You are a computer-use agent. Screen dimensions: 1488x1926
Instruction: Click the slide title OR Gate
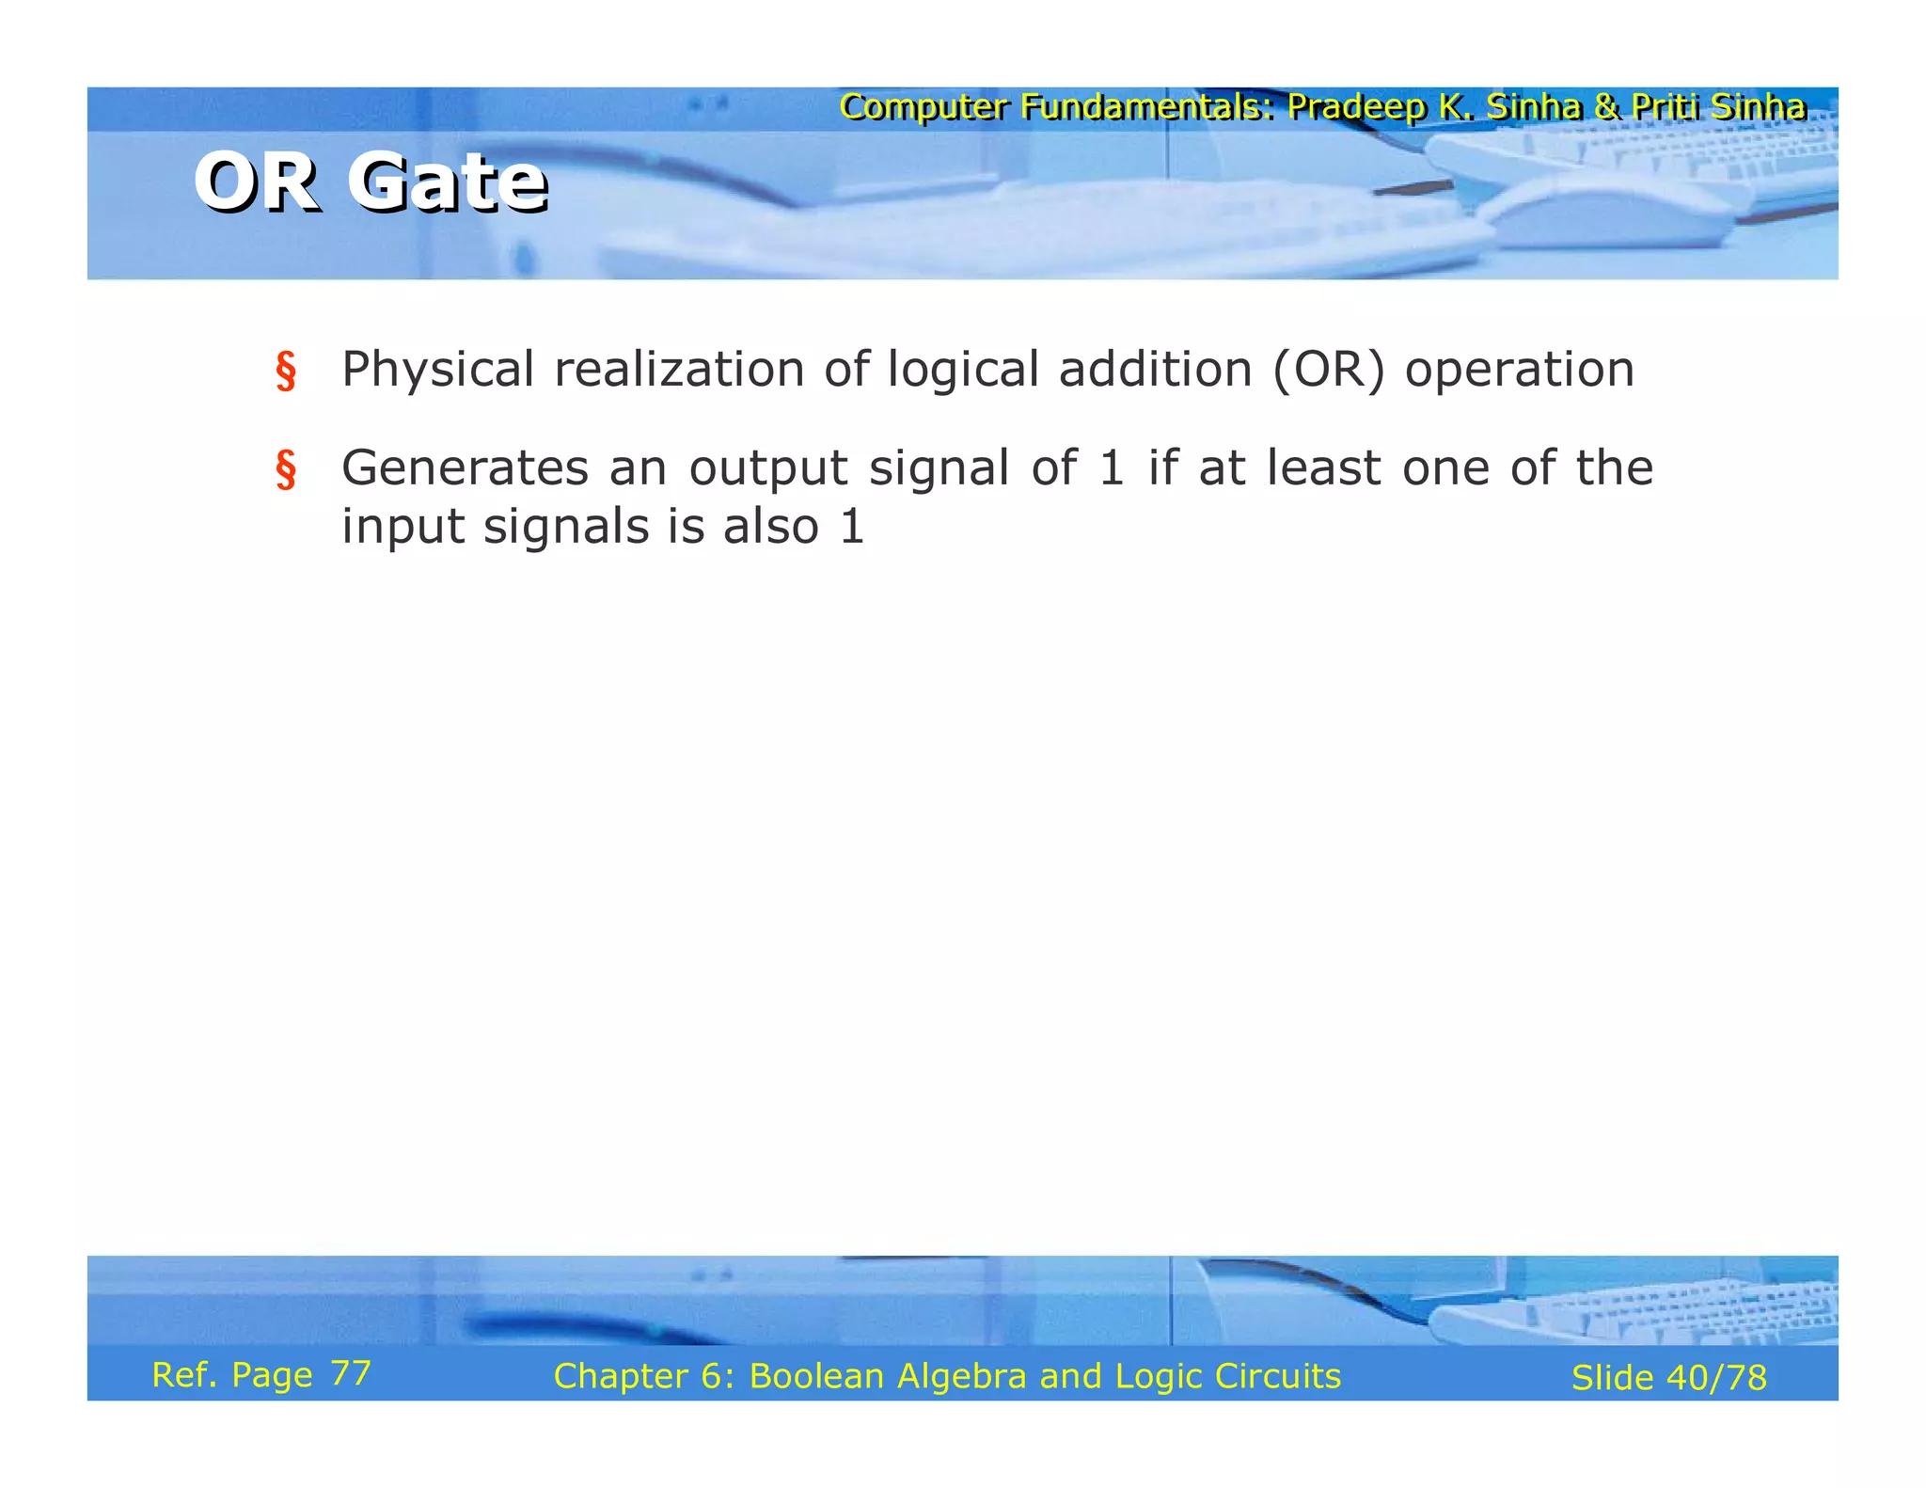coord(371,182)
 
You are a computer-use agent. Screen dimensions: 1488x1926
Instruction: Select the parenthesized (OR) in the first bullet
coord(1328,370)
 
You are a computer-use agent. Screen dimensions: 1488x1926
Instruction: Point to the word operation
coord(1519,370)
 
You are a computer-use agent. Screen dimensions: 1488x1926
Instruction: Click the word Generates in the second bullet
coord(465,468)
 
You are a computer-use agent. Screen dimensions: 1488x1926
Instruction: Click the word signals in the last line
coord(565,527)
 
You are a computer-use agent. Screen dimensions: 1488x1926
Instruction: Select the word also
coord(770,526)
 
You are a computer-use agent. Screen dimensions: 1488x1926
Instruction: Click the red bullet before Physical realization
coord(286,372)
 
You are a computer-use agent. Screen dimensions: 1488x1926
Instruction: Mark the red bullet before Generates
coord(286,470)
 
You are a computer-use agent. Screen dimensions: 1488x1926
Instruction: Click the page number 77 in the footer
coord(351,1373)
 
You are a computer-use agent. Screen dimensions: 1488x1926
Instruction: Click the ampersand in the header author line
coord(1606,107)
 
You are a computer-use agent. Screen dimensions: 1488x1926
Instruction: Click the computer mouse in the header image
coord(1608,212)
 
